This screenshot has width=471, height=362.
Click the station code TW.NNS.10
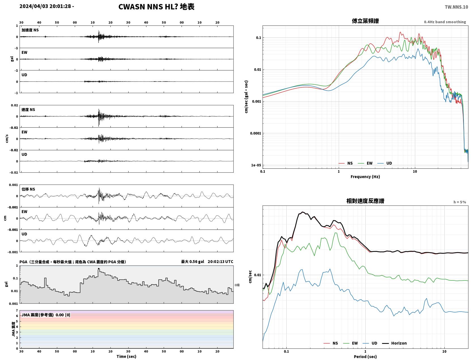(456, 7)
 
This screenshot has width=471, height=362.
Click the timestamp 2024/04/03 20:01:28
(45, 6)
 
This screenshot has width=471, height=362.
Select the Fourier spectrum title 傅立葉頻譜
(365, 21)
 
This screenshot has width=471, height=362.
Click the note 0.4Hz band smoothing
(445, 22)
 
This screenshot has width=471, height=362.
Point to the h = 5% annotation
(459, 202)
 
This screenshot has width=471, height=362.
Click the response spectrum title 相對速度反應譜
(365, 201)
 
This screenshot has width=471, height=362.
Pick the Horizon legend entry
(394, 343)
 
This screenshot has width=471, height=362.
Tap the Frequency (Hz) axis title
(365, 177)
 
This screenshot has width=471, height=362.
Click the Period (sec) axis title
(365, 357)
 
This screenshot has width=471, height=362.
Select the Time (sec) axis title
(126, 356)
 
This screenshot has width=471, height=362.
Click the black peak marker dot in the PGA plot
(99, 269)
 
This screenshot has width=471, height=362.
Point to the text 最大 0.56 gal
(193, 262)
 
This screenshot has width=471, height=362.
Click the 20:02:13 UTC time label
(220, 262)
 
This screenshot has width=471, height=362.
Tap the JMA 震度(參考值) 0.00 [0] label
(46, 315)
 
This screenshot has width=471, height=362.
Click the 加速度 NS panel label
(30, 30)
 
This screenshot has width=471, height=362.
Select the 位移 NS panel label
(28, 189)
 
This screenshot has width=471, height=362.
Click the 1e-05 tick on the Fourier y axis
(256, 165)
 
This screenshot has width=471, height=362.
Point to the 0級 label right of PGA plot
(237, 285)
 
